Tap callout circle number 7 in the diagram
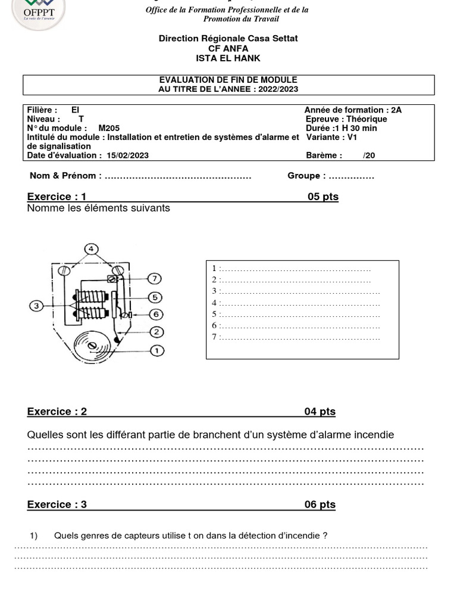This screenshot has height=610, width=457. point(154,279)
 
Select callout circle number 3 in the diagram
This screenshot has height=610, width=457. point(36,306)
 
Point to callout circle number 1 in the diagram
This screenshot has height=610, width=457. point(156,351)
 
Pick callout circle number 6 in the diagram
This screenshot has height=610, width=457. point(154,314)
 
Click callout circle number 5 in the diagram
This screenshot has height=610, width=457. point(154,297)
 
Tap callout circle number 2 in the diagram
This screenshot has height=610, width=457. point(156,332)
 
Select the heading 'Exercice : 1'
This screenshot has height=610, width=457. point(57,197)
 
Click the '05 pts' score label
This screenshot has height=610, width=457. point(323,197)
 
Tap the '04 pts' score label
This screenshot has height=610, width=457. point(320,412)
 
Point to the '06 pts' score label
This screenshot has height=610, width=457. point(320,505)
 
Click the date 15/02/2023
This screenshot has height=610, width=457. point(128,155)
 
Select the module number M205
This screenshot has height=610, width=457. point(109,128)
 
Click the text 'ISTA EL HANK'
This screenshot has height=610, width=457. point(228,58)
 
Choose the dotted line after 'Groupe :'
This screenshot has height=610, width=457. point(351,176)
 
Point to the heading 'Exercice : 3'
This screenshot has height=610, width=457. point(57,505)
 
